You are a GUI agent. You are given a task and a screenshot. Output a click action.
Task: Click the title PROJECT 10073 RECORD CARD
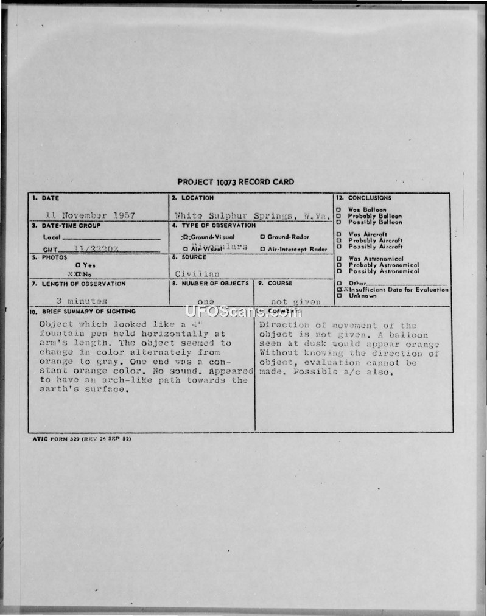pyautogui.click(x=235, y=182)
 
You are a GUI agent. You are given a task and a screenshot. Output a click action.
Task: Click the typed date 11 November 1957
pyautogui.click(x=90, y=215)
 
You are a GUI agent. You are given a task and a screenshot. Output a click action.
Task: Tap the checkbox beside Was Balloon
pyautogui.click(x=338, y=210)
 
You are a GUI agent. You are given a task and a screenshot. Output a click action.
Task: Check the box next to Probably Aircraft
pyautogui.click(x=338, y=240)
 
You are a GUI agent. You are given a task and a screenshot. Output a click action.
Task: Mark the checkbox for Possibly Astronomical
pyautogui.click(x=338, y=271)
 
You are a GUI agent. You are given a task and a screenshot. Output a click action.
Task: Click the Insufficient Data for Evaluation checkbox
pyautogui.click(x=339, y=290)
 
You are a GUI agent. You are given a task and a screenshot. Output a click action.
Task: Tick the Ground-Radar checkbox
pyautogui.click(x=262, y=237)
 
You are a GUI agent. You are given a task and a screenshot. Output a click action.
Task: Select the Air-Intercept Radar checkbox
pyautogui.click(x=262, y=249)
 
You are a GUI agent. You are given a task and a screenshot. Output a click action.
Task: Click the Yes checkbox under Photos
pyautogui.click(x=78, y=265)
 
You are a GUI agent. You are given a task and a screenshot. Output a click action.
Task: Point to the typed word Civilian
pyautogui.click(x=197, y=274)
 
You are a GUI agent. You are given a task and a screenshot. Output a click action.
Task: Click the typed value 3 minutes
pyautogui.click(x=82, y=301)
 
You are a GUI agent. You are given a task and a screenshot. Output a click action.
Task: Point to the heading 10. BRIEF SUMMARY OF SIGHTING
pyautogui.click(x=84, y=312)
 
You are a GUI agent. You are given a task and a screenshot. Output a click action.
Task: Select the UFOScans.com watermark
pyautogui.click(x=243, y=312)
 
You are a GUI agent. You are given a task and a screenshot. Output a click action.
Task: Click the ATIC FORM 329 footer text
pyautogui.click(x=79, y=438)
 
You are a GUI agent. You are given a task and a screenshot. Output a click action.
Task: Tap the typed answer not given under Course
pyautogui.click(x=295, y=301)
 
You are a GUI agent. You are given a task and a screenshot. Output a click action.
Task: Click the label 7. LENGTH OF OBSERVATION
pyautogui.click(x=79, y=284)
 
